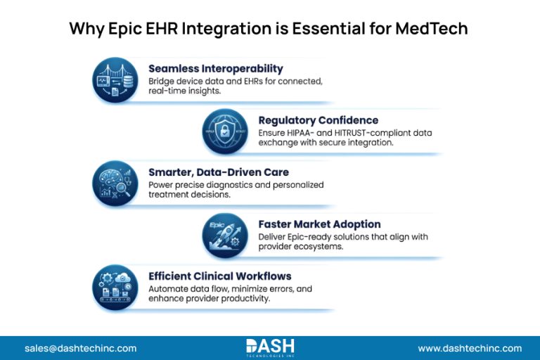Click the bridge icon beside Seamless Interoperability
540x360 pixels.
[115, 80]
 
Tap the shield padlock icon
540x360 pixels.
[225, 131]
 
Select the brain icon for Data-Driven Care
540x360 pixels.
[115, 184]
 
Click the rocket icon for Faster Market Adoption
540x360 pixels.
[225, 236]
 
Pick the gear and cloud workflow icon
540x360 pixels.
[115, 288]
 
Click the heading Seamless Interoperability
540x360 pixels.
[216, 69]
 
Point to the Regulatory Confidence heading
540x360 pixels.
[319, 120]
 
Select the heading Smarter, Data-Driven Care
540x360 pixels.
[219, 172]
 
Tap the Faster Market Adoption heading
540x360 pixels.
[320, 224]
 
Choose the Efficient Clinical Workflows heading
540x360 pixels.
[219, 276]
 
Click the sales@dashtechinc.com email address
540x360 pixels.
[81, 348]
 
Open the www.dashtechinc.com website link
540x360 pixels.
[470, 348]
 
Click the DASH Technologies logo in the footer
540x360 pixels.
[270, 348]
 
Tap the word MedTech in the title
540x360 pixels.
[432, 28]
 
